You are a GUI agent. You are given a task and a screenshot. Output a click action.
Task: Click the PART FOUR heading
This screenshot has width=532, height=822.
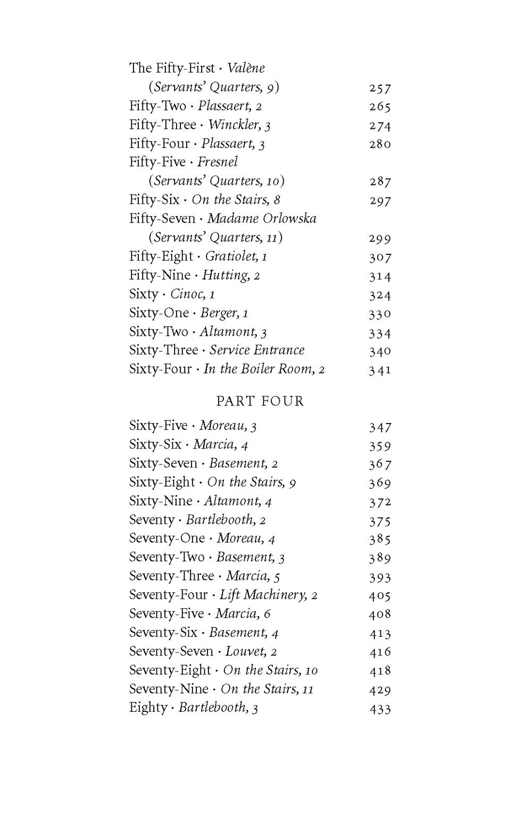coord(260,401)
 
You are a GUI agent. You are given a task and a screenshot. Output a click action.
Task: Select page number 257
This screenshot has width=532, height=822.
coord(380,88)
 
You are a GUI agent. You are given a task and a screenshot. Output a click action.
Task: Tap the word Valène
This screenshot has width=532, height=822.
coord(246,68)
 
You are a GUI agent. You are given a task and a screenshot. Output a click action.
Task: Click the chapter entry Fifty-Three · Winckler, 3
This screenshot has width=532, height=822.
coord(200,125)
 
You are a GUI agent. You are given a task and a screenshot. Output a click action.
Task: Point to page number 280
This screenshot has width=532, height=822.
coord(380,144)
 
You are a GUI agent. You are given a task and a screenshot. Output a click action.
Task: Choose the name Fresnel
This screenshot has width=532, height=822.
coord(218,162)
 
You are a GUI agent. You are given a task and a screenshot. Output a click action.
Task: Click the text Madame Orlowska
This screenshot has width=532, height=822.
coord(262,218)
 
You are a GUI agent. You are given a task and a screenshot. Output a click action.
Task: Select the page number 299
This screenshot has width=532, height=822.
coord(380,238)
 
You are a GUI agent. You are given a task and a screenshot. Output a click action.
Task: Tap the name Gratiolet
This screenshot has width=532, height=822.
coord(231,256)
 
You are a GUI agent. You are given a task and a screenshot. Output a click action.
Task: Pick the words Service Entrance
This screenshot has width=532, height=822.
coord(257,350)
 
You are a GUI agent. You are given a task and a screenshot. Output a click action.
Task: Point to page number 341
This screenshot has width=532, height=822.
coord(380,370)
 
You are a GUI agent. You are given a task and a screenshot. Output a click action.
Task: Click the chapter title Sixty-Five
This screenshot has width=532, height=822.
coord(158,426)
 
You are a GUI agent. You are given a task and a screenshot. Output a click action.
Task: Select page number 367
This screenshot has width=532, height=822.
coord(380,464)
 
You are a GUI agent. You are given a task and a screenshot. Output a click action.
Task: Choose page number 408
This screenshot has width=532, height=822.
coord(380,614)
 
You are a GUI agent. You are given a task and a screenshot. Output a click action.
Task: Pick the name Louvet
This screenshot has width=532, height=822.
coord(245,651)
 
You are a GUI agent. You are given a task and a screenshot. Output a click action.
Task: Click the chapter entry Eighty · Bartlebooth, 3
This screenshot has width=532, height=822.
coord(194,708)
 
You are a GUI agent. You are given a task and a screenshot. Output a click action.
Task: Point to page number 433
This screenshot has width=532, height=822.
coord(380,709)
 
